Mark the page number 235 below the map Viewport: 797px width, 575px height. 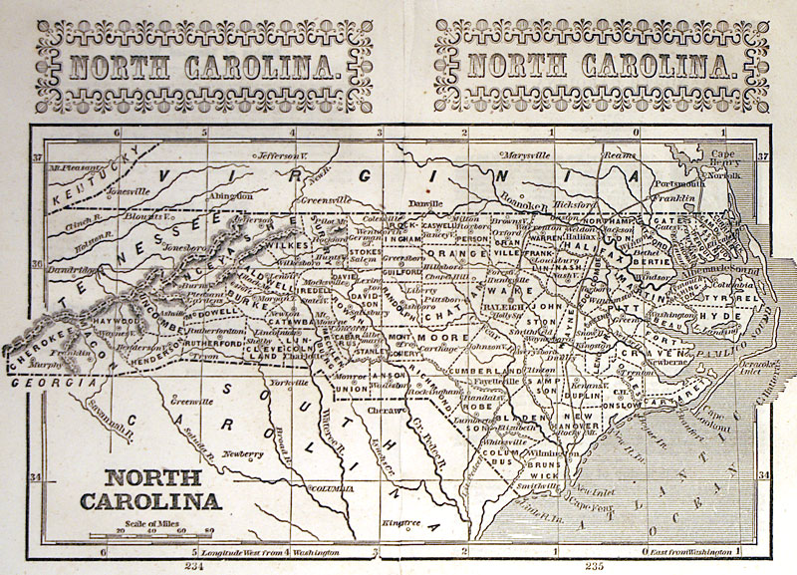coord(595,566)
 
